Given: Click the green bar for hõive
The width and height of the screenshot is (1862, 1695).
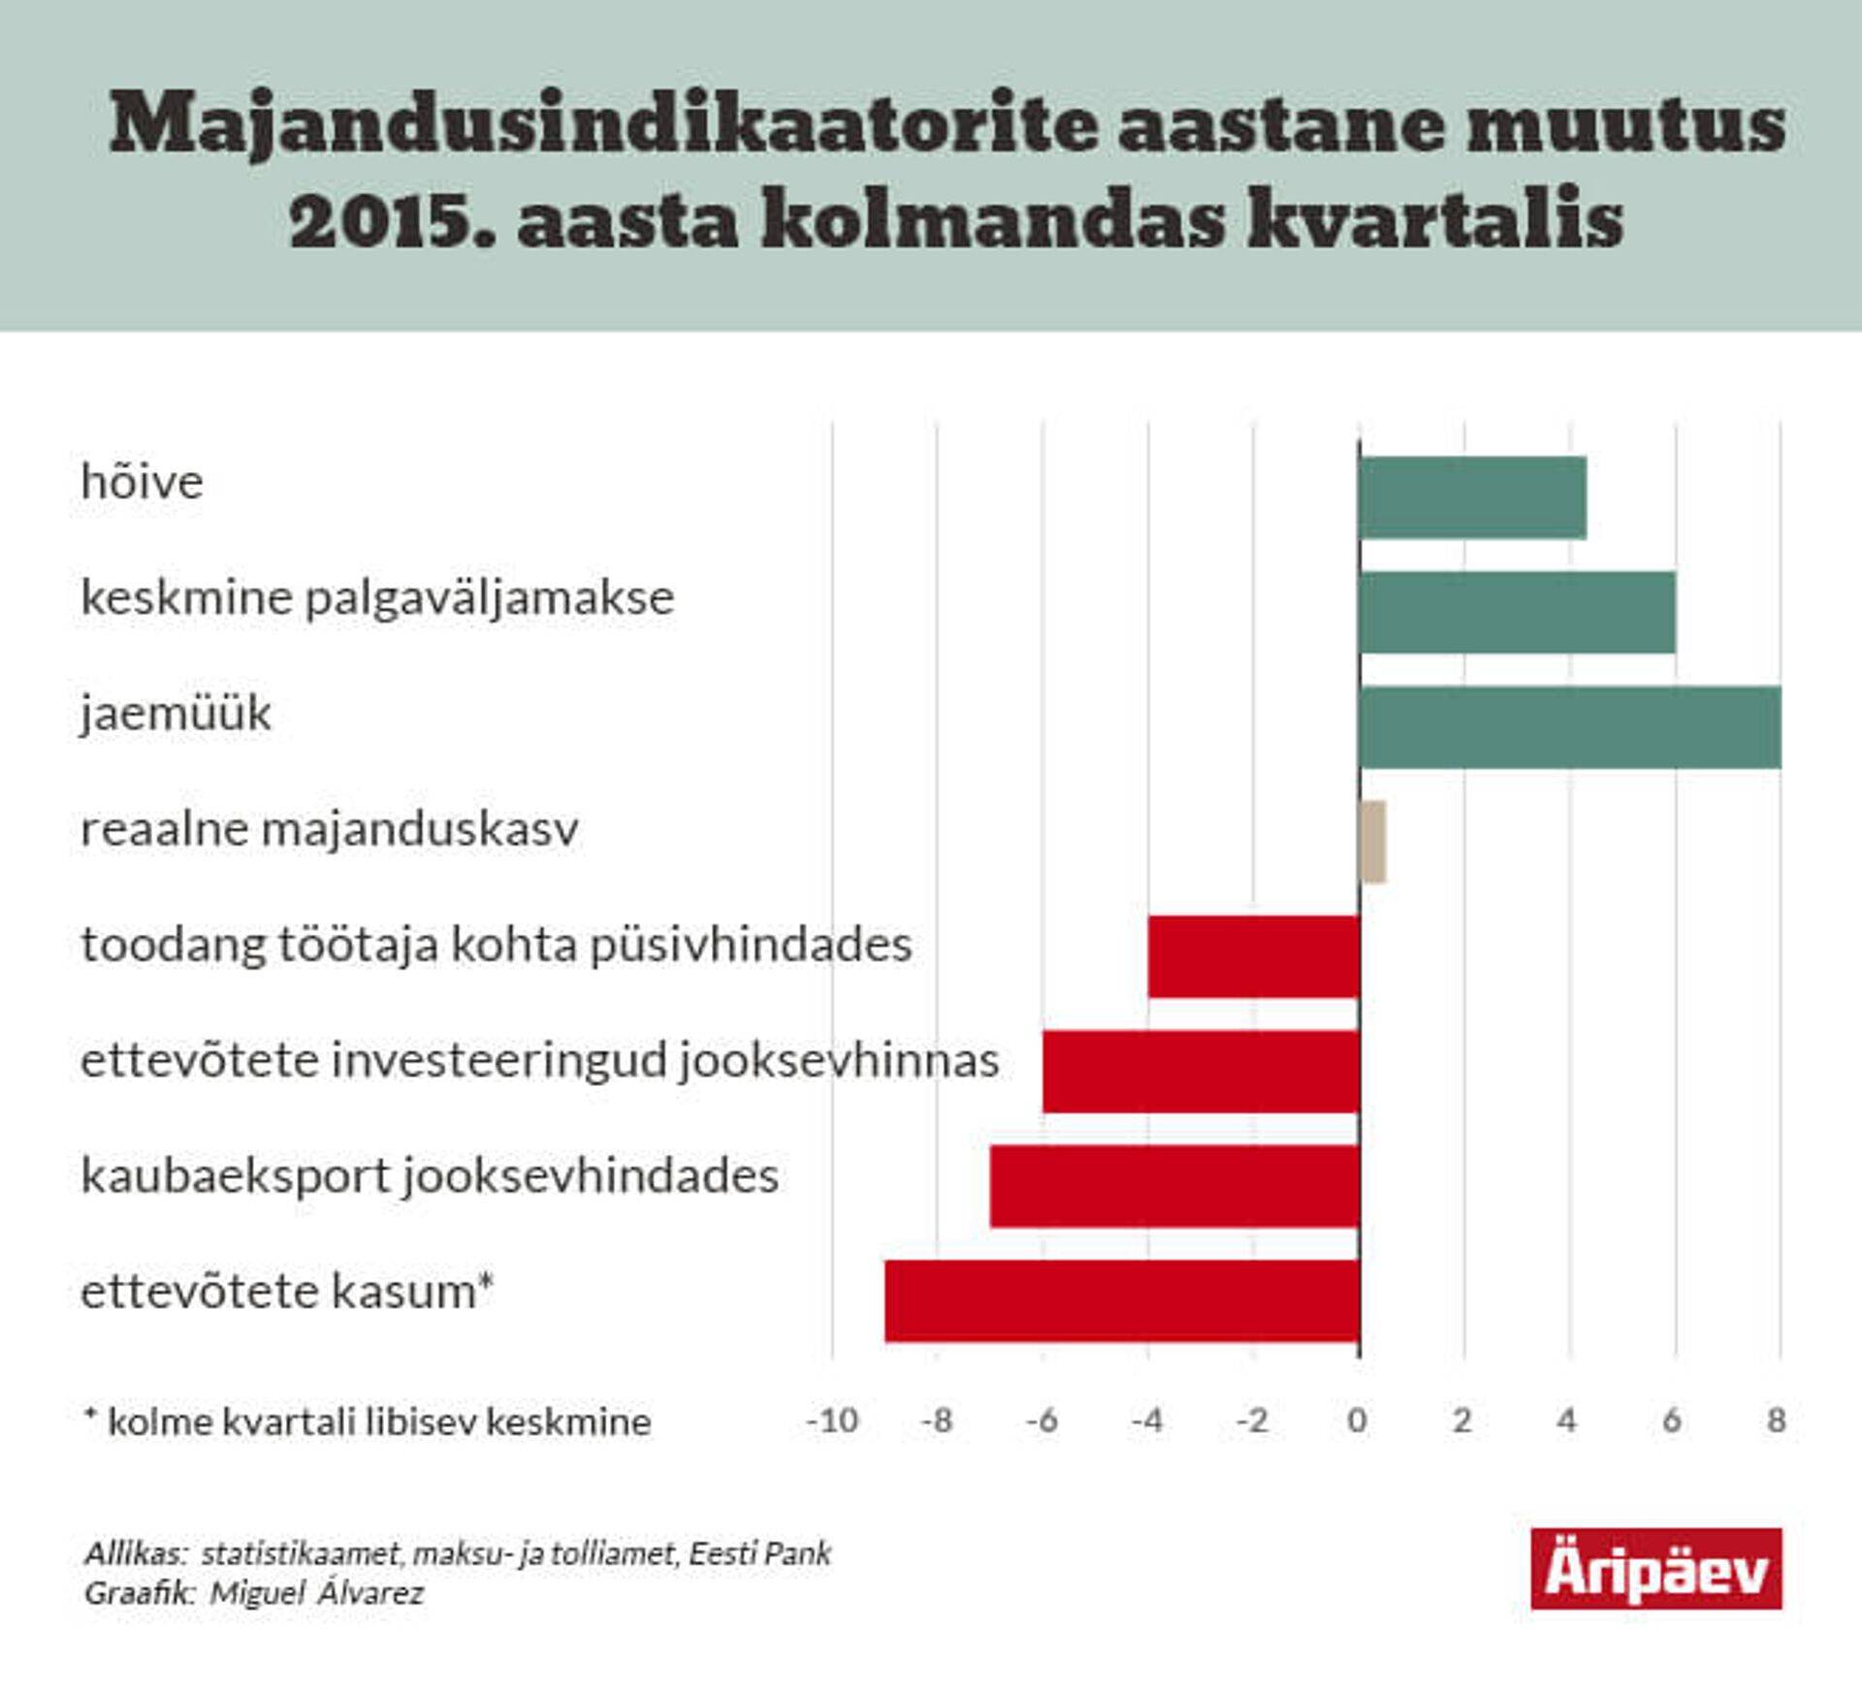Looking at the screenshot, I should (x=1472, y=497).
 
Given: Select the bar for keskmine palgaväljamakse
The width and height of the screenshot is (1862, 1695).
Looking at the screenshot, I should (x=1517, y=613).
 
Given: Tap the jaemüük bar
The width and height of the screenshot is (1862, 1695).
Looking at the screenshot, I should (x=1569, y=727).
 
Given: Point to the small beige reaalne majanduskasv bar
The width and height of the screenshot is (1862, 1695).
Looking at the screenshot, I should (x=1373, y=842).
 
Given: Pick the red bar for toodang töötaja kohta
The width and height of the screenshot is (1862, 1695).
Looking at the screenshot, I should (x=1254, y=956).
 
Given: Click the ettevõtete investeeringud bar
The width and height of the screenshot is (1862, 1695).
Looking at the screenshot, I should (x=1201, y=1071).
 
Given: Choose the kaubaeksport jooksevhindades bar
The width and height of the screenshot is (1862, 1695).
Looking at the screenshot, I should (x=1174, y=1186).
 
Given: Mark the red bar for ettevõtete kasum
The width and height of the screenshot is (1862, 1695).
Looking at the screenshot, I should (x=1122, y=1301).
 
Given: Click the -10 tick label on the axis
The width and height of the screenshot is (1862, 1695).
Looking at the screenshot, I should (x=832, y=1422).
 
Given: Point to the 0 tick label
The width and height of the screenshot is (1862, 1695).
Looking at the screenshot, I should (x=1358, y=1422).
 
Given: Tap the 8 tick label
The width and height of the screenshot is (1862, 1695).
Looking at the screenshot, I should (x=1777, y=1422).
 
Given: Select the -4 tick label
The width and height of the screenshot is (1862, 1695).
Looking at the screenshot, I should (x=1147, y=1422).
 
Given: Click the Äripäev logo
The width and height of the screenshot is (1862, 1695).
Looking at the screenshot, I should (x=1655, y=1569).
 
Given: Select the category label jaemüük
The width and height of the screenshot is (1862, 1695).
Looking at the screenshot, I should (x=176, y=714).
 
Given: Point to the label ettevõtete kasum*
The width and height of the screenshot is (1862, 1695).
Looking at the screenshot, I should (x=287, y=1292).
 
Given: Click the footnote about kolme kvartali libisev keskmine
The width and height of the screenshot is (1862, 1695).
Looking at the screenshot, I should (x=369, y=1423).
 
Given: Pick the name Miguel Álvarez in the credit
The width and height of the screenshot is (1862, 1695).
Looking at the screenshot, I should (x=317, y=1593).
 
